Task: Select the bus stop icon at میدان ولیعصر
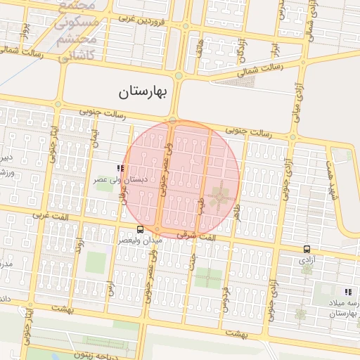click(x=140, y=229)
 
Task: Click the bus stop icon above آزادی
click(x=307, y=249)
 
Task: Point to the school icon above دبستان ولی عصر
click(x=120, y=169)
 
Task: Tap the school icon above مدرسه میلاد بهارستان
click(x=347, y=292)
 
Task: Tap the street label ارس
click(x=110, y=288)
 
